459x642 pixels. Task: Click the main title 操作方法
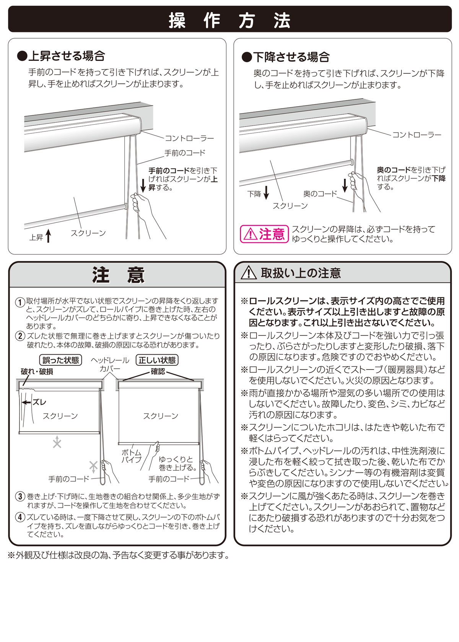pos(229,20)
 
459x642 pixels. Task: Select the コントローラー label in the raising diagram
pos(189,138)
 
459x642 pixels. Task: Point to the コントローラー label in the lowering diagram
pos(417,135)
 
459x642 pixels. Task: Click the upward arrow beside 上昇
pos(49,236)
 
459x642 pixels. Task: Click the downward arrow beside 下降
pos(266,193)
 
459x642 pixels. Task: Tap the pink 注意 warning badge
pos(264,234)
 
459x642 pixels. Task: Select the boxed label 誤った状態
pos(60,360)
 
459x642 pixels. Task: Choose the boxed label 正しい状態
pos(157,360)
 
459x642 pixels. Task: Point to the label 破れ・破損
pos(37,372)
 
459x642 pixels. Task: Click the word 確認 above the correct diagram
pos(158,371)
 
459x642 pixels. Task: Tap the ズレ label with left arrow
pos(34,402)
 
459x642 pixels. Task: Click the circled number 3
pos(20,496)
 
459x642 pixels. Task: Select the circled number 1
pos(20,302)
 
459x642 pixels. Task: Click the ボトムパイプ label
pos(132,456)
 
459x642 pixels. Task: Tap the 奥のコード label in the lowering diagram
pos(320,194)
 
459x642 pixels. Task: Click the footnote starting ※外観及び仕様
pos(119,555)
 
